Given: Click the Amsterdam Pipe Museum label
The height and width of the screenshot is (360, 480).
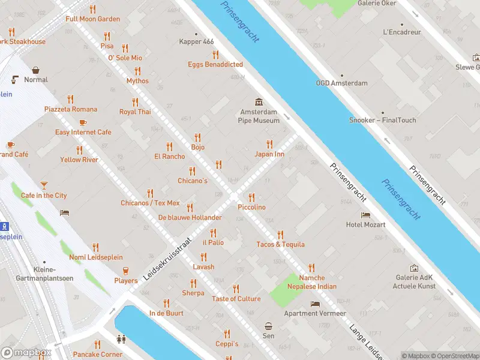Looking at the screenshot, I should coord(259,116).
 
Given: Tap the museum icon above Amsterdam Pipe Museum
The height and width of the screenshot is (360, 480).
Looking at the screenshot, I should coord(259,101).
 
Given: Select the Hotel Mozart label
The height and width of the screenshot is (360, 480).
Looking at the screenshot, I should coord(365,224).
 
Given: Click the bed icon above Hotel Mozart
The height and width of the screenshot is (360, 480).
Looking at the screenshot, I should coord(365,215).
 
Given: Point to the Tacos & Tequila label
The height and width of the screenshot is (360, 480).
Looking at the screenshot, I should coord(280,244).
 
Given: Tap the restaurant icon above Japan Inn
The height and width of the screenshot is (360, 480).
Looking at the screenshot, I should coord(269,144).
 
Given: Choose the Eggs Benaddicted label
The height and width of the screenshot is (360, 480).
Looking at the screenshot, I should coord(215,64).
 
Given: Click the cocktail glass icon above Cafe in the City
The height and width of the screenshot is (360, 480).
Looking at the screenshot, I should coord(44,185).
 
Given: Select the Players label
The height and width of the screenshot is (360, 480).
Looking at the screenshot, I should coord(126,281).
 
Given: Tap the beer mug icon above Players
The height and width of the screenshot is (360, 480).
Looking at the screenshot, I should coord(126,271).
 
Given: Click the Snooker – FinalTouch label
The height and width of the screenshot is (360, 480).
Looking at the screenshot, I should coord(382,120).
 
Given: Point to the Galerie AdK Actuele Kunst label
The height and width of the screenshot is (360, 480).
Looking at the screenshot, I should coord(414,281).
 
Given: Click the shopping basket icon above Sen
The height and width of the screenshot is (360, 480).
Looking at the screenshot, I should coord(268,326).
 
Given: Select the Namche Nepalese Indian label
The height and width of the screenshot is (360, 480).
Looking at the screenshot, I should coord(311,282).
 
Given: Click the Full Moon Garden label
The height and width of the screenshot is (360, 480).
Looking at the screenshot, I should coord(92,19).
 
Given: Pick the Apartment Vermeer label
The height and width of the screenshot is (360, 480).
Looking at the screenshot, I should coord(315,313).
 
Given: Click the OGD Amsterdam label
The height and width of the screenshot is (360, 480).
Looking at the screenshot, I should coord(341,83).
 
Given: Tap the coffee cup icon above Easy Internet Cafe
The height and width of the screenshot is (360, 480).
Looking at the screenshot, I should coord(83,122).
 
